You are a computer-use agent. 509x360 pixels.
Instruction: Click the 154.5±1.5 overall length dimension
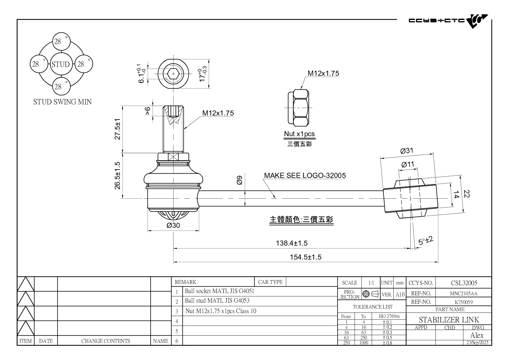pos(306,257)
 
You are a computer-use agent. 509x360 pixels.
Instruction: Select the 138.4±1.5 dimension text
pos(292,243)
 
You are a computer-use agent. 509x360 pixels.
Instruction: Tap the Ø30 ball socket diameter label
pos(173,225)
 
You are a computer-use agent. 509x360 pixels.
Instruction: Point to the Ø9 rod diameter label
pos(239,180)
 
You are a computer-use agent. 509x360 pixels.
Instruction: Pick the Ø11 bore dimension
pos(408,164)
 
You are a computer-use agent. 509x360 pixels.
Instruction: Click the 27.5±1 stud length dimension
pos(118,129)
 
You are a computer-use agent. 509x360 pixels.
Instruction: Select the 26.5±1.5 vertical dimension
pos(118,175)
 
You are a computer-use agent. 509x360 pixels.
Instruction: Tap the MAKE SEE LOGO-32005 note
pos(305,175)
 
